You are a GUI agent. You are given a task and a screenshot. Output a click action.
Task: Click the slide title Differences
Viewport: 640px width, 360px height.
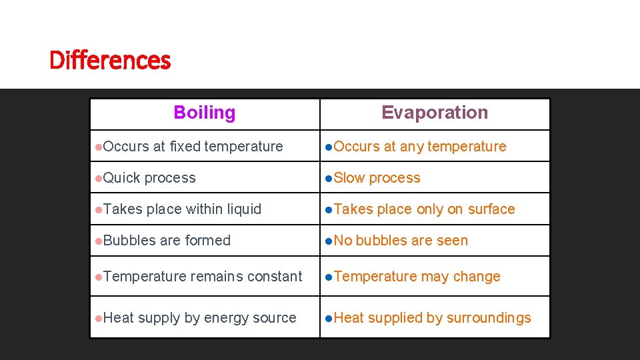110,61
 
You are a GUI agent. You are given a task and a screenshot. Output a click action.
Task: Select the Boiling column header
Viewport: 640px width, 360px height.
204,113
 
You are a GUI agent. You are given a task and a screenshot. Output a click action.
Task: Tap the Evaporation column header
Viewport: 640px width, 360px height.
435,113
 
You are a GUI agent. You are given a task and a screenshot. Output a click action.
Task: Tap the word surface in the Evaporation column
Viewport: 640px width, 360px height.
491,209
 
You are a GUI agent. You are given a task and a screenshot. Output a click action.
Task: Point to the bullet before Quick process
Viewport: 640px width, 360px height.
98,178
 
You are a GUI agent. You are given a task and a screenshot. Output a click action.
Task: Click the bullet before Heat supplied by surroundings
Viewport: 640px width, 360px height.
328,318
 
